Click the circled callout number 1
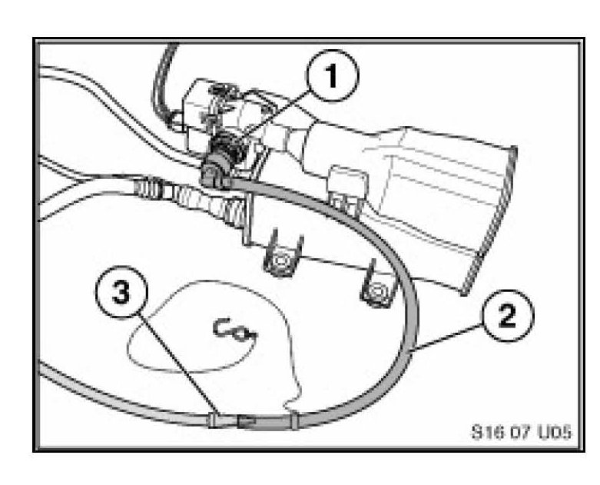point(332,76)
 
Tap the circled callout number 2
point(507,316)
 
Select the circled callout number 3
point(121,293)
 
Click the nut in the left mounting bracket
point(281,262)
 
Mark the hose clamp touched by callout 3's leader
point(214,420)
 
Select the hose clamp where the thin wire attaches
point(294,420)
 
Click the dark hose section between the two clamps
point(264,423)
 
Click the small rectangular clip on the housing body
point(347,187)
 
